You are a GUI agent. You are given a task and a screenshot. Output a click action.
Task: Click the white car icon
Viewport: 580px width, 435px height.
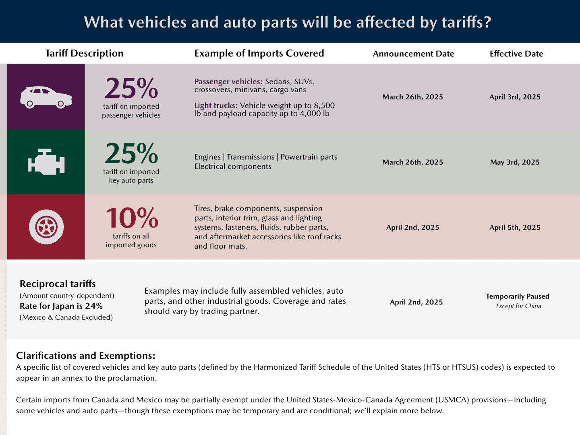[46, 97]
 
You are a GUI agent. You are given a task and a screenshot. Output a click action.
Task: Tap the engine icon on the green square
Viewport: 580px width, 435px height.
[46, 162]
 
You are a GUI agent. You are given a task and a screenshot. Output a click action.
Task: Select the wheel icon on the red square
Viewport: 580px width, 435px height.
[46, 227]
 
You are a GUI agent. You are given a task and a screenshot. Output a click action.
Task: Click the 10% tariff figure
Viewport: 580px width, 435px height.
[132, 218]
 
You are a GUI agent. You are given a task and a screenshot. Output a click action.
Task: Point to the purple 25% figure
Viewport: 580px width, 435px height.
[131, 88]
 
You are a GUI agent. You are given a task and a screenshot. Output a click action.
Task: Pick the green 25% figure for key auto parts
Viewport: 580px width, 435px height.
[131, 153]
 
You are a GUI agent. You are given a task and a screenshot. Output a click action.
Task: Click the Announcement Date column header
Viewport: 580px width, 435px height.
[413, 54]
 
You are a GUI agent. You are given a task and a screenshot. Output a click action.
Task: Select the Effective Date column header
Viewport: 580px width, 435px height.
[516, 54]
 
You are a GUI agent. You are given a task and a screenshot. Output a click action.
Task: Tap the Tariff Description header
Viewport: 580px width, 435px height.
[84, 53]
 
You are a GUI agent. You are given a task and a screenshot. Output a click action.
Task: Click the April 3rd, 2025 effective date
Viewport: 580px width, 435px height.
[515, 97]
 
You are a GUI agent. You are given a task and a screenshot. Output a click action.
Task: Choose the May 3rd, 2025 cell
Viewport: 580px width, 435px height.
[515, 162]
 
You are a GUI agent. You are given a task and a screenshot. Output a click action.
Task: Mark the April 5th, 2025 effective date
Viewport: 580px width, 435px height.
[515, 228]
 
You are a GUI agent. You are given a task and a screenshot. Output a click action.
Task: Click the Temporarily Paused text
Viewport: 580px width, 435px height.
[518, 296]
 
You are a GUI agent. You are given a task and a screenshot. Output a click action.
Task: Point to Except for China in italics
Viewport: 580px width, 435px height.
[518, 306]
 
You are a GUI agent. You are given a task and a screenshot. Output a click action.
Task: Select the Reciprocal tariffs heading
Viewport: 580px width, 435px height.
[58, 284]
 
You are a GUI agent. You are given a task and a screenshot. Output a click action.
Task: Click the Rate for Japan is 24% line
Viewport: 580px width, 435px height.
[61, 306]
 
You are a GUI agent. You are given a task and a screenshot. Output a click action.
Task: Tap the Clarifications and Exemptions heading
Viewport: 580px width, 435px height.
[85, 356]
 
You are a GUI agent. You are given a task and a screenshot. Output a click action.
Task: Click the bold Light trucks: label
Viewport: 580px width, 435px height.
[215, 106]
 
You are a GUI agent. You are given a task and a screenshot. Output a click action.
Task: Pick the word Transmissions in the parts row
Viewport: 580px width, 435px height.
[250, 157]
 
